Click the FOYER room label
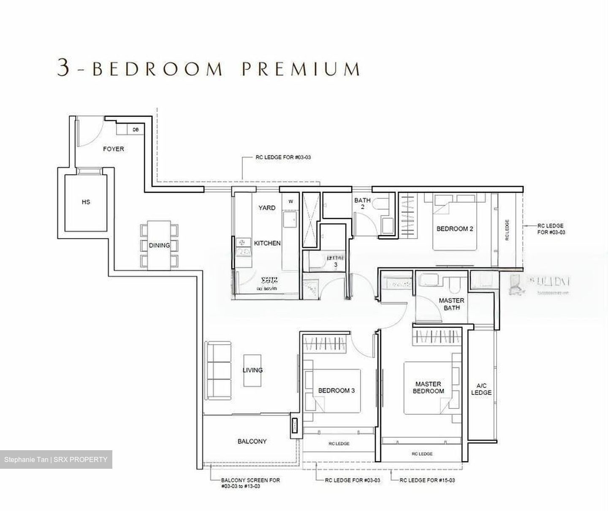coord(114,149)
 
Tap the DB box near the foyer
coord(136,130)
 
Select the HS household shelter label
coord(86,202)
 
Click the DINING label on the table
coord(159,245)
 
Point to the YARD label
coord(267,208)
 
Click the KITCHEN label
coord(267,243)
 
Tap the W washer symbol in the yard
coord(290,201)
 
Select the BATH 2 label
coord(362,203)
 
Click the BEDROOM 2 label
coord(455,228)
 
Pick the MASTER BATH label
coord(451,304)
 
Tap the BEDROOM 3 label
coord(337,390)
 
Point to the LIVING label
coord(252,370)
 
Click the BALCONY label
coord(252,441)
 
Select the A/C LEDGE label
coord(481,389)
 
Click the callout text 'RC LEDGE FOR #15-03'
coord(427,480)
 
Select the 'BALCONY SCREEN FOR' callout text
coord(250,480)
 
